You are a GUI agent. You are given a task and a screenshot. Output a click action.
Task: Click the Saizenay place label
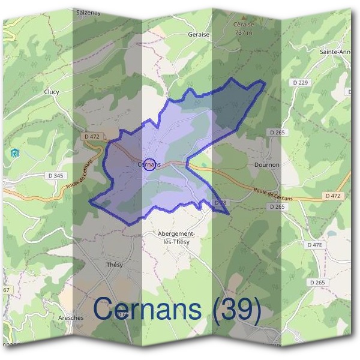[x=88, y=11]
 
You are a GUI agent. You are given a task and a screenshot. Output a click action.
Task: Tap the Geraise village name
[x=198, y=35]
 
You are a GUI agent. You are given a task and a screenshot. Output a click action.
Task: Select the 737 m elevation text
[x=244, y=32]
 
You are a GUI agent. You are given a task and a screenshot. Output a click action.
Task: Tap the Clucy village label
[x=52, y=92]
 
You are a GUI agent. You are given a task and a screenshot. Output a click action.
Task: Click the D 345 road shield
[x=55, y=175]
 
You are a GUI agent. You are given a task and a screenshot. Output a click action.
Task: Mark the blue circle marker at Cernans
[x=151, y=164]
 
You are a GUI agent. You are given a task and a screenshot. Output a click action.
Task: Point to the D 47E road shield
[x=314, y=245]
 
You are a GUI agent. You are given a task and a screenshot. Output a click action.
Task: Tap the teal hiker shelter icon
[x=15, y=154]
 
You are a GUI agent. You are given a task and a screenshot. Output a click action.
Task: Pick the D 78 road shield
[x=220, y=203]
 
